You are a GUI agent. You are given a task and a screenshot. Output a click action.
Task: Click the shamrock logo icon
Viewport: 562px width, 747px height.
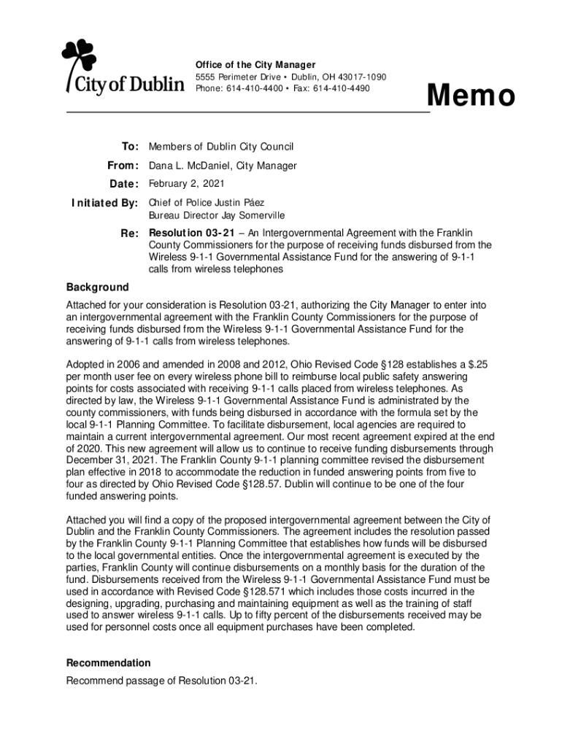pyautogui.click(x=79, y=56)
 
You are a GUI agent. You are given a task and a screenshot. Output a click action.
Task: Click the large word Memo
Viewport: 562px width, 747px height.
pyautogui.click(x=471, y=96)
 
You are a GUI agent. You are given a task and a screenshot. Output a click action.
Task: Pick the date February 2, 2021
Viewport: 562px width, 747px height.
pyautogui.click(x=187, y=183)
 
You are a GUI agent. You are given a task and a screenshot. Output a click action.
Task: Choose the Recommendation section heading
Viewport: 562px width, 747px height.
pyautogui.click(x=109, y=663)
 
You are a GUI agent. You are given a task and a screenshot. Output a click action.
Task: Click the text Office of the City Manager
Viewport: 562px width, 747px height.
pyautogui.click(x=255, y=65)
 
